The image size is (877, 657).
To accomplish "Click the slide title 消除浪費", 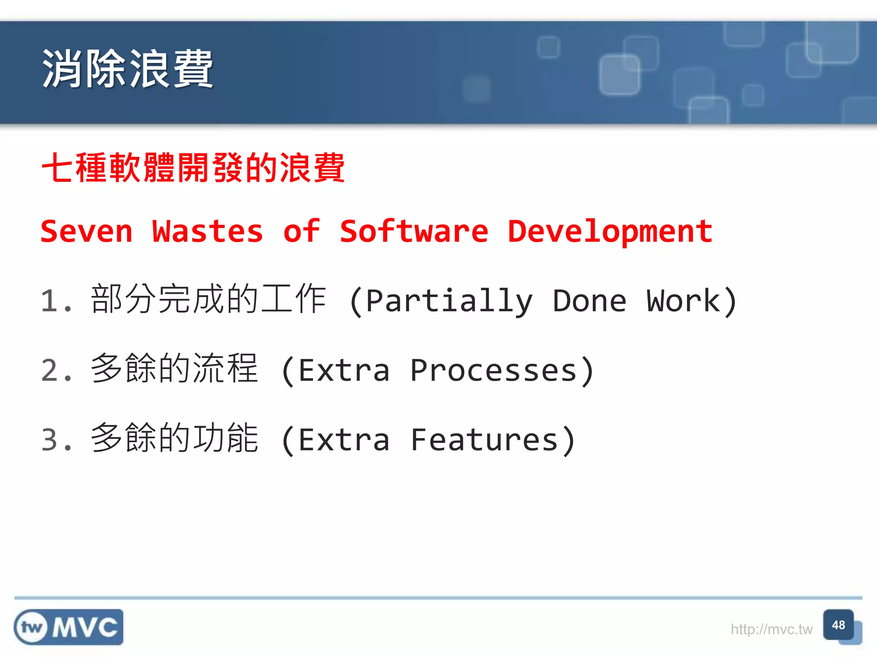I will tap(127, 68).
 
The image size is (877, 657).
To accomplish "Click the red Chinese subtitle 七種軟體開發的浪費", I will tap(193, 168).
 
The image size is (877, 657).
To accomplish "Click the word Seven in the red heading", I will tap(87, 231).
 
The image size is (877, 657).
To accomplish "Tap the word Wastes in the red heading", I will tap(208, 231).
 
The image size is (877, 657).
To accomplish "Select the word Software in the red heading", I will tap(414, 231).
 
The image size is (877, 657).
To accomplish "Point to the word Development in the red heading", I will tap(610, 231).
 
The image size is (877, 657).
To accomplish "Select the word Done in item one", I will tap(589, 301).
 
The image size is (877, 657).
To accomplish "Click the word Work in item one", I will tap(683, 301).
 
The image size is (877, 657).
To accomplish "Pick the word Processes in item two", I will tap(493, 370).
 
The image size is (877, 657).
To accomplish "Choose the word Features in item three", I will tap(484, 440).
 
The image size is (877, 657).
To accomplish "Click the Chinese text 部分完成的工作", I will tap(209, 299).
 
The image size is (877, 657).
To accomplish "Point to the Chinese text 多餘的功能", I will tap(175, 438).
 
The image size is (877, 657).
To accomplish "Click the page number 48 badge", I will tap(838, 625).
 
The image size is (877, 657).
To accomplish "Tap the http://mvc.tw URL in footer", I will tap(771, 629).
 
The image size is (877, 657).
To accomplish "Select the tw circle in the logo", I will tap(32, 627).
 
